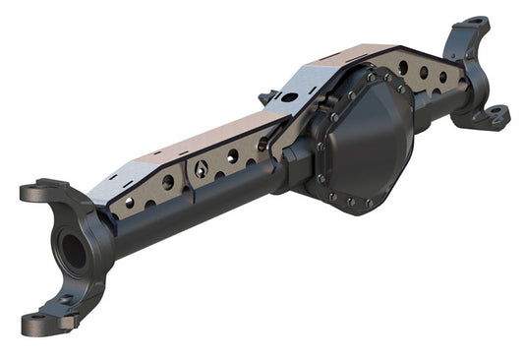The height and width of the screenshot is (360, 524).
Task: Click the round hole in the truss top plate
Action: click(286, 96)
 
